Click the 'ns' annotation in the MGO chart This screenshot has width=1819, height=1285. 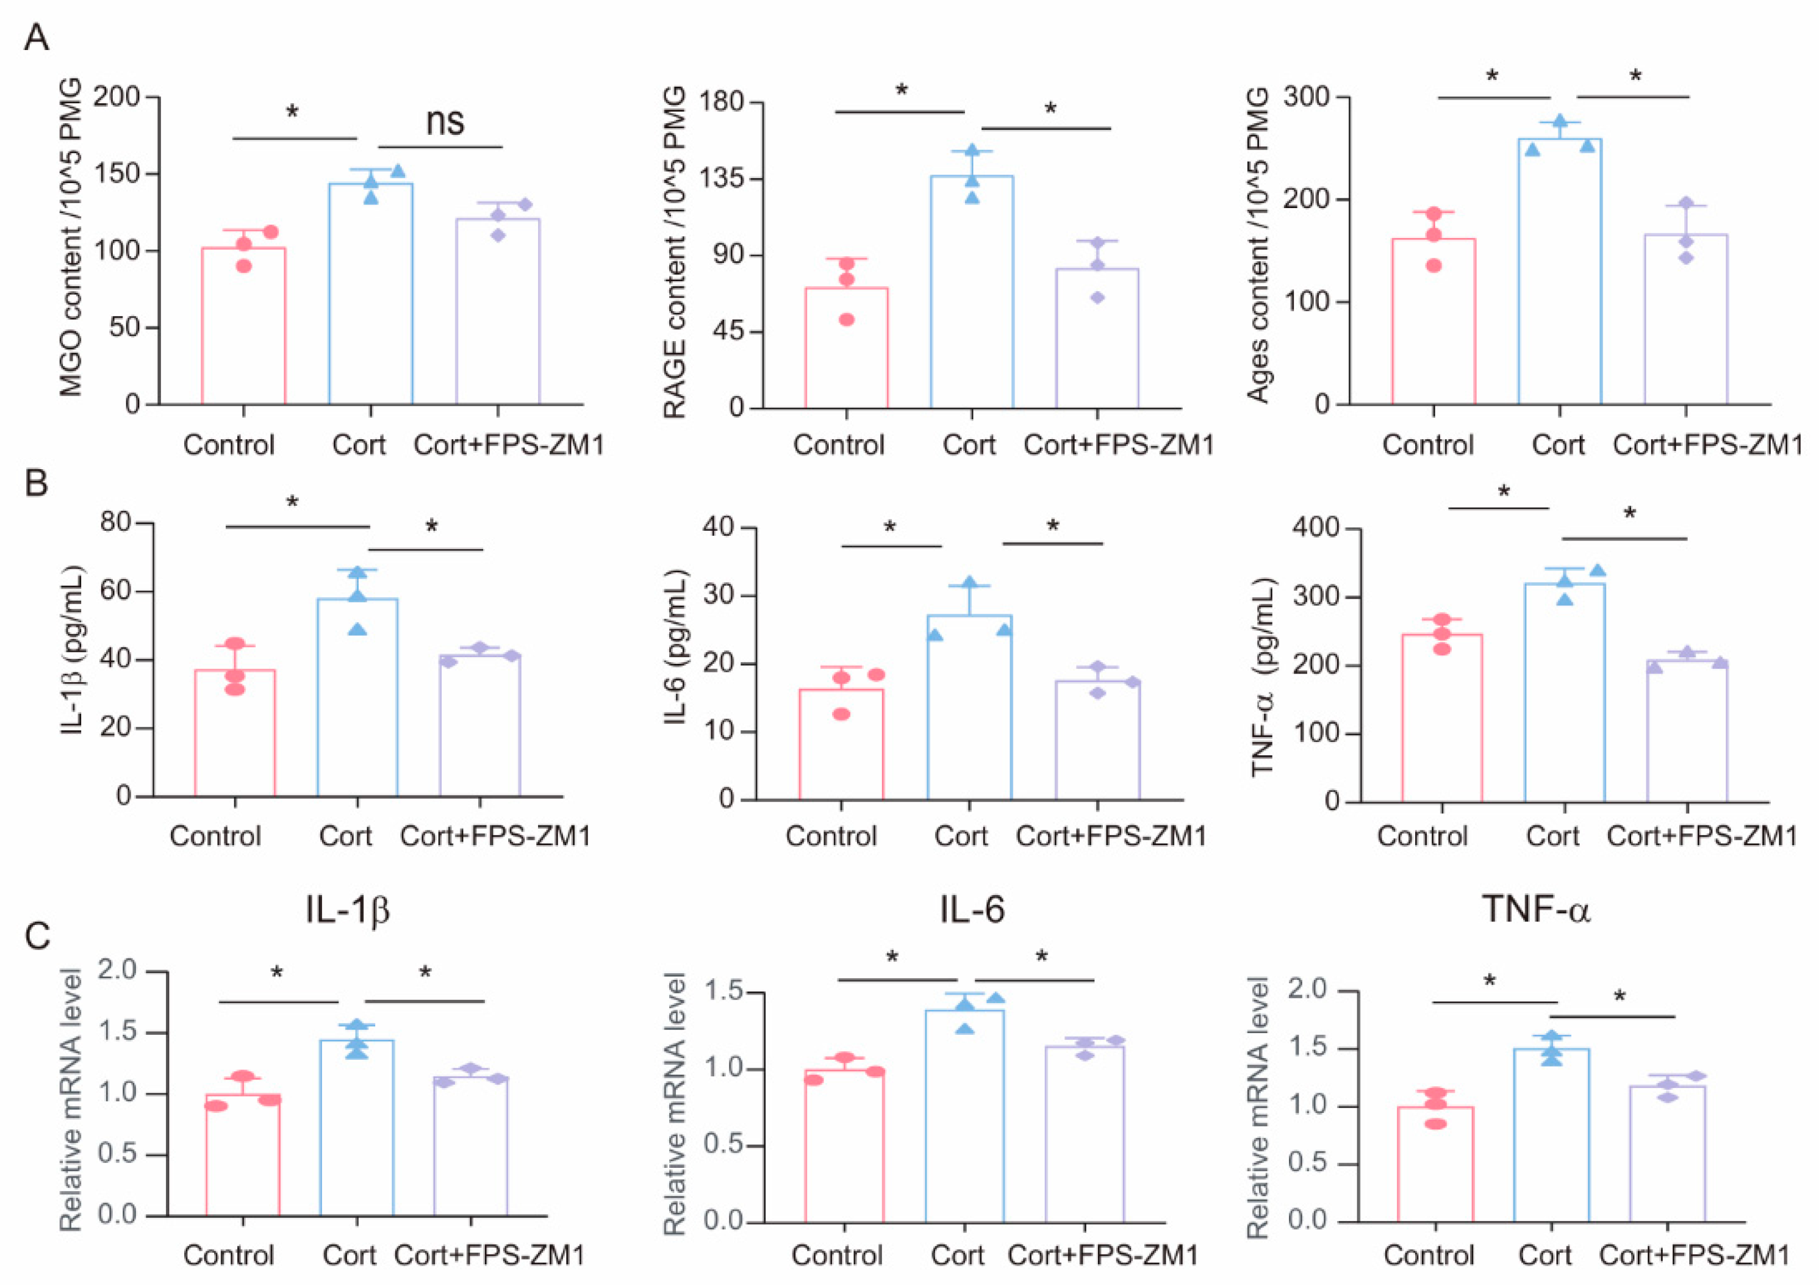[445, 122]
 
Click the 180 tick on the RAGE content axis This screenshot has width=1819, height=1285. [719, 102]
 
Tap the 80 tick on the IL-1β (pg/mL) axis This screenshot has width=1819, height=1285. [117, 523]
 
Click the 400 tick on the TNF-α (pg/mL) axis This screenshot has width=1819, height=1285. [1315, 528]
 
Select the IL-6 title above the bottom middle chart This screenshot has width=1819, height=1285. [972, 910]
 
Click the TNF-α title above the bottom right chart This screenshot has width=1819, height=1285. [1535, 910]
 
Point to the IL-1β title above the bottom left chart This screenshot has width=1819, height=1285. [347, 910]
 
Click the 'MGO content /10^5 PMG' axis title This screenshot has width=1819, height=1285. [71, 238]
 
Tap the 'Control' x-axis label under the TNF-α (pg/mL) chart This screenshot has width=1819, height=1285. [1422, 837]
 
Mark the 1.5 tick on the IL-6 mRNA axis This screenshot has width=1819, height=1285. [725, 993]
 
